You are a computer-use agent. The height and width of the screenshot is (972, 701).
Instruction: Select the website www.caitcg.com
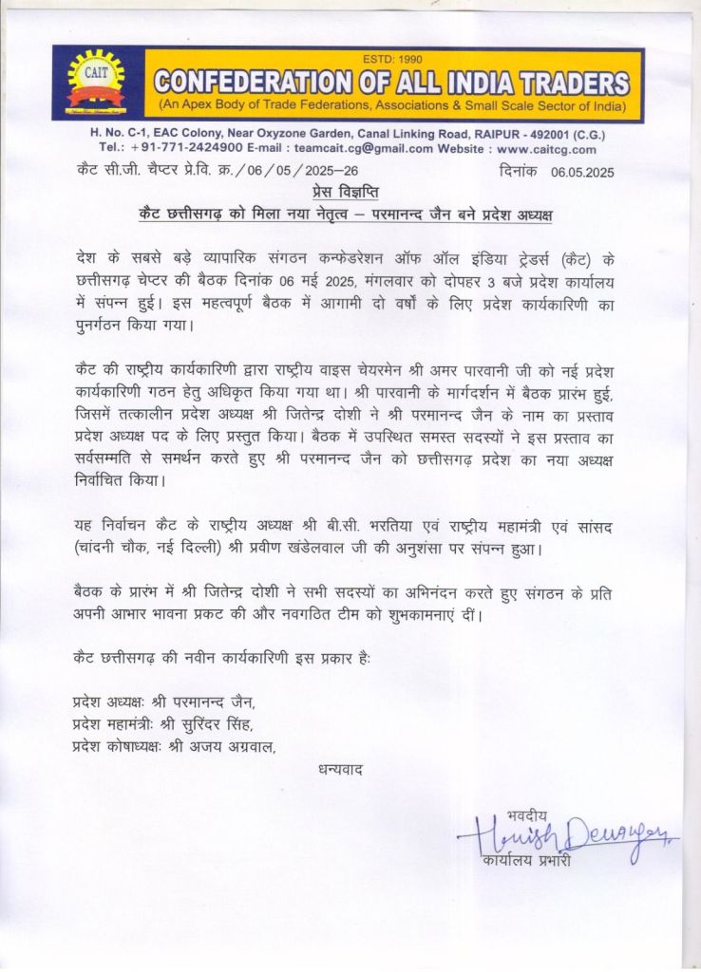(x=546, y=149)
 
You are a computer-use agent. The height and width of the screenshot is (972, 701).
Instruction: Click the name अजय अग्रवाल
(x=231, y=746)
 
